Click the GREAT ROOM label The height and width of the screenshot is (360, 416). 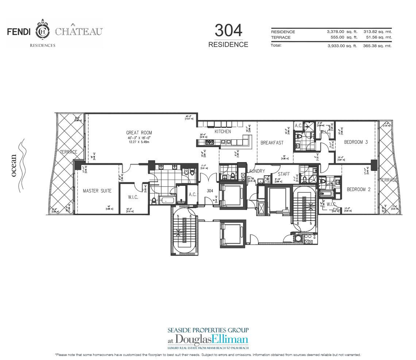click(139, 133)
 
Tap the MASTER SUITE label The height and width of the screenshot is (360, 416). click(97, 191)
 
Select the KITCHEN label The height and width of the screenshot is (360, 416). click(223, 131)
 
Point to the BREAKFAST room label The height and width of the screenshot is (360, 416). click(272, 143)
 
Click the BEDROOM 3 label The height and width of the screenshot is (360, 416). click(356, 142)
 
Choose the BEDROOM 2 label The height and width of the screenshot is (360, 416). click(358, 189)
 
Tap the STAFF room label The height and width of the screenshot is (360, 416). click(284, 174)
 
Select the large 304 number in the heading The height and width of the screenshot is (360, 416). click(228, 30)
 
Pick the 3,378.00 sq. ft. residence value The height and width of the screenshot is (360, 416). click(342, 32)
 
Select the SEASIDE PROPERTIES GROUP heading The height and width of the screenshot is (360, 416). click(208, 330)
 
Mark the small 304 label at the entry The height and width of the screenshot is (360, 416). click(210, 191)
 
